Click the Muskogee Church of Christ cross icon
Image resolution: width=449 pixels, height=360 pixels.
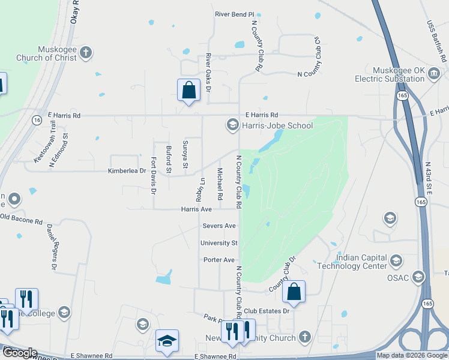pos(86,52)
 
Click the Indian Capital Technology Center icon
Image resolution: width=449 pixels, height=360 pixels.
pos(396,260)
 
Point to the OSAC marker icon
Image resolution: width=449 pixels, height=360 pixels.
pos(418,277)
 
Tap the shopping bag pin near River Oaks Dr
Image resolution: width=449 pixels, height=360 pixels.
pos(188,91)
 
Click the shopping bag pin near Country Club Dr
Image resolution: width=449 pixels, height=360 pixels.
pos(294,292)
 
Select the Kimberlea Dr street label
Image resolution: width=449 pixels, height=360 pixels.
pos(127,171)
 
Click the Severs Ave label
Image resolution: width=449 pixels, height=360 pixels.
pos(219,226)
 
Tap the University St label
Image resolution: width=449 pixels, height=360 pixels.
pos(219,243)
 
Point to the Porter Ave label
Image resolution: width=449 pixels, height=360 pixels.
pos(219,260)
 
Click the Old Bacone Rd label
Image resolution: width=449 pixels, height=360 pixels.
pos(22,218)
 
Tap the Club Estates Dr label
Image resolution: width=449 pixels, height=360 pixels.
pos(267,311)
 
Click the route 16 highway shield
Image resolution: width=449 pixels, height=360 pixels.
pos(37,121)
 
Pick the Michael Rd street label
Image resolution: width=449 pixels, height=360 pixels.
pos(220,184)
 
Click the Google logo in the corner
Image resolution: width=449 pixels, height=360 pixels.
pos(19,353)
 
